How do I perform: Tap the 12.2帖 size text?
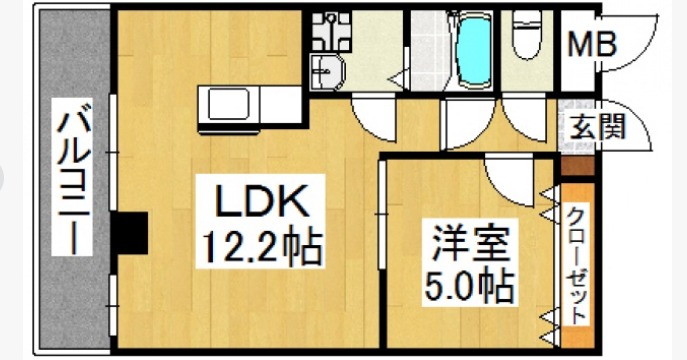(264, 243)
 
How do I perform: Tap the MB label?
(592, 44)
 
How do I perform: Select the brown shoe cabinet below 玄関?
(577, 166)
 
